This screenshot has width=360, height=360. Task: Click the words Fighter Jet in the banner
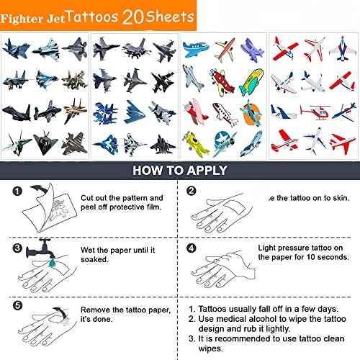35,16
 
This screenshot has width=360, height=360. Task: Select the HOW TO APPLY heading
179,171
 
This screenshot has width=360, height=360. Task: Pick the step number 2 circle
192,191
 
